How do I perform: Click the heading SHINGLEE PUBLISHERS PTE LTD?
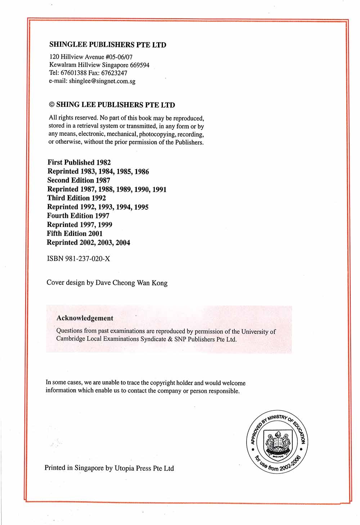(x=107, y=45)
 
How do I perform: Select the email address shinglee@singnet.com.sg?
(x=102, y=81)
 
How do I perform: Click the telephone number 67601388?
(x=74, y=73)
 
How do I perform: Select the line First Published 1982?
(x=79, y=163)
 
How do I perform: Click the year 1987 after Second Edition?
(x=103, y=180)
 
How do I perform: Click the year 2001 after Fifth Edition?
(x=95, y=233)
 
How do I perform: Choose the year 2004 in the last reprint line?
(x=123, y=243)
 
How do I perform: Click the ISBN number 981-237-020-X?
(x=87, y=259)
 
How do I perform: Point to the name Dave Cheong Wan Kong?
(x=131, y=283)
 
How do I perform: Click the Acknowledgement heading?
(x=85, y=318)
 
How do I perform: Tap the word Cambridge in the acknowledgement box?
(x=71, y=339)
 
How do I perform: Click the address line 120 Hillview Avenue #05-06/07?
(x=91, y=57)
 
